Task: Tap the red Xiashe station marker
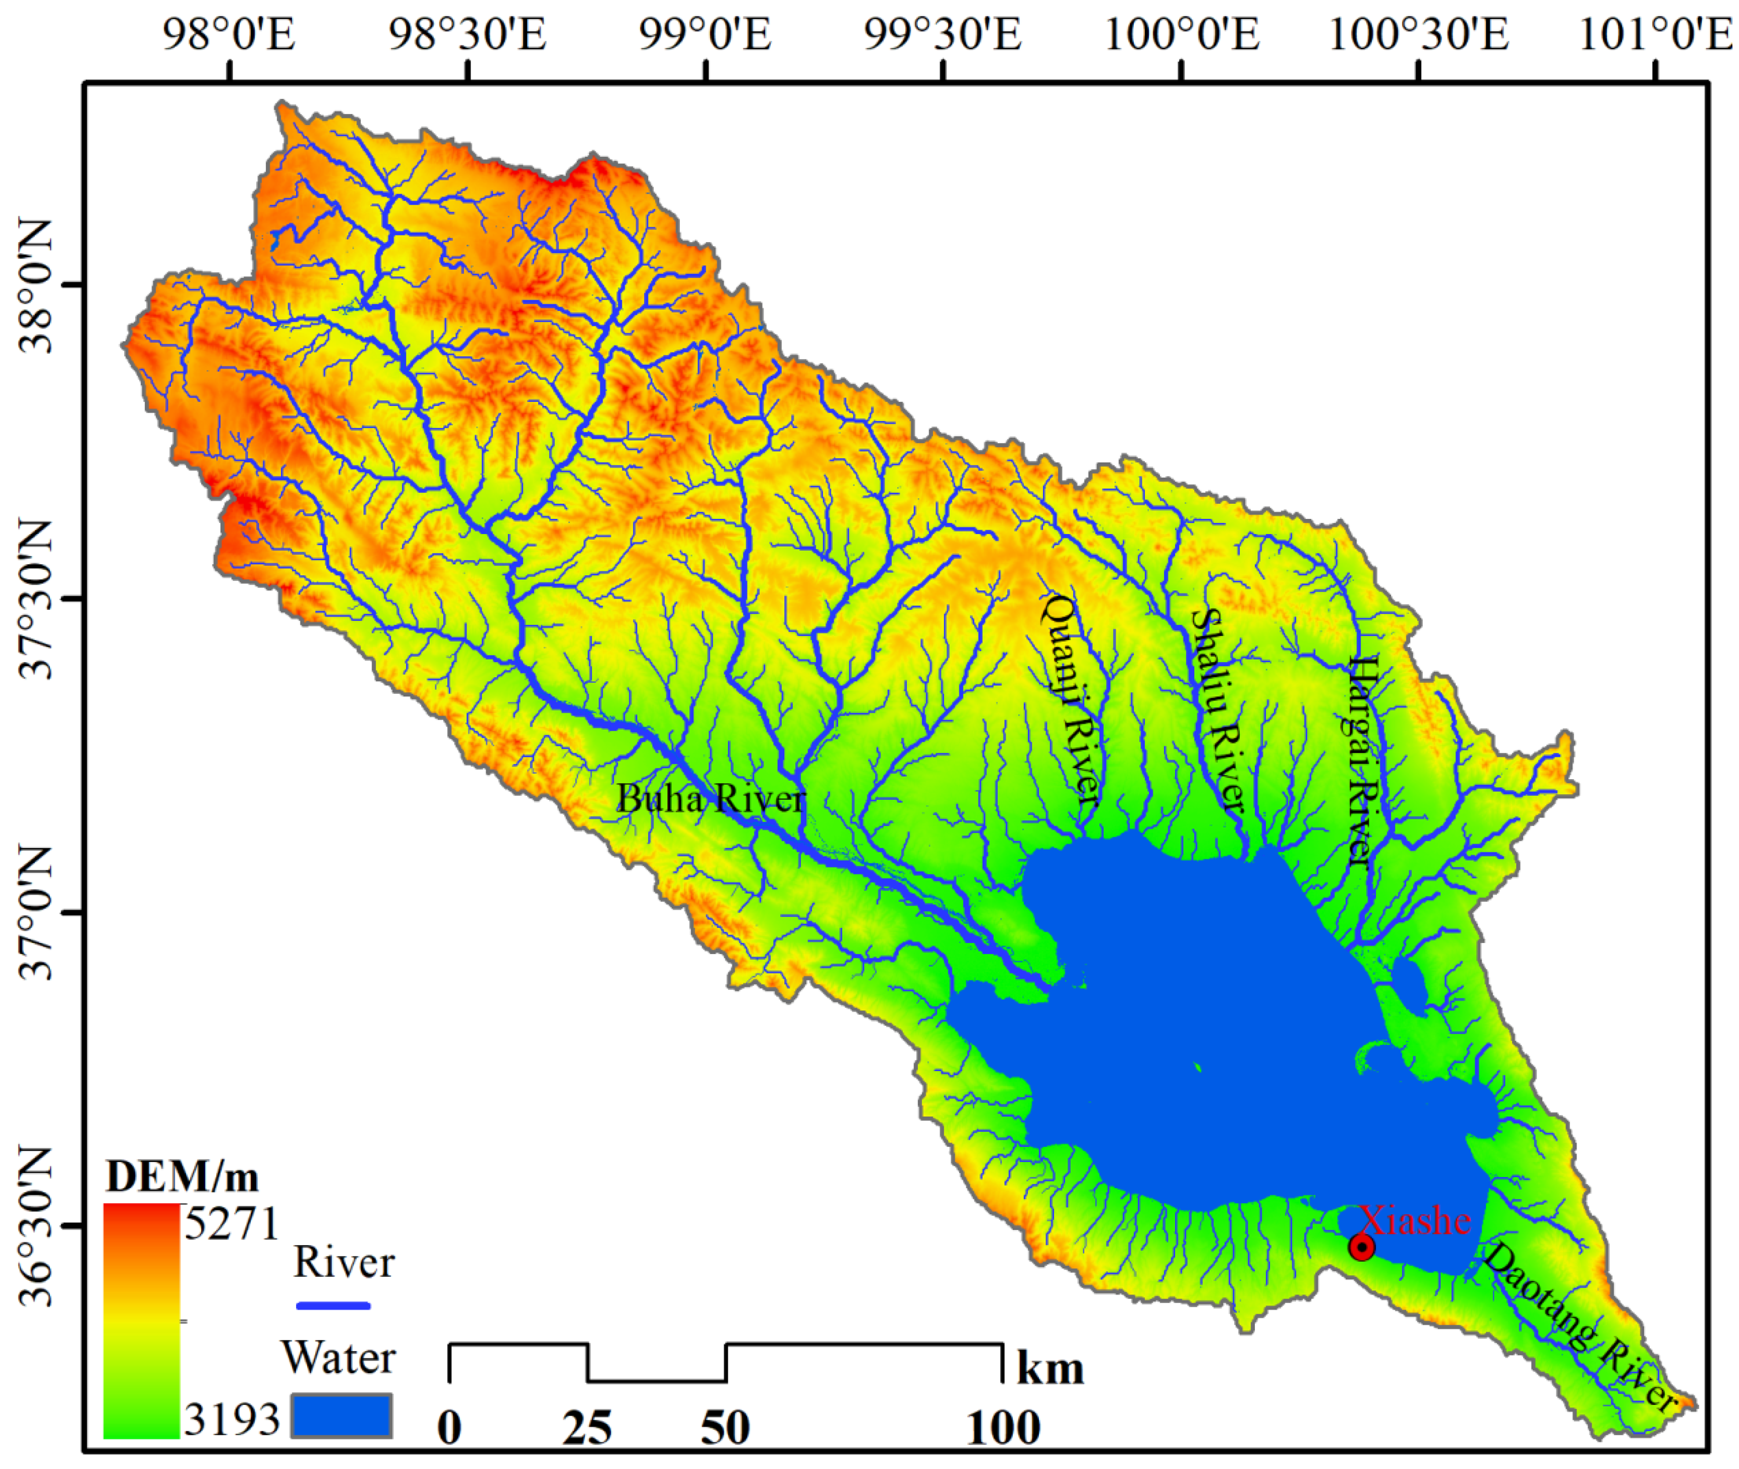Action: (1361, 1247)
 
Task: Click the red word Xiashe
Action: (1415, 1220)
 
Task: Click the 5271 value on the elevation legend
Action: (230, 1224)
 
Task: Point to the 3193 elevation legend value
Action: (230, 1418)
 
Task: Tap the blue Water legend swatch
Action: (341, 1416)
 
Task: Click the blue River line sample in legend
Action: (333, 1306)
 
